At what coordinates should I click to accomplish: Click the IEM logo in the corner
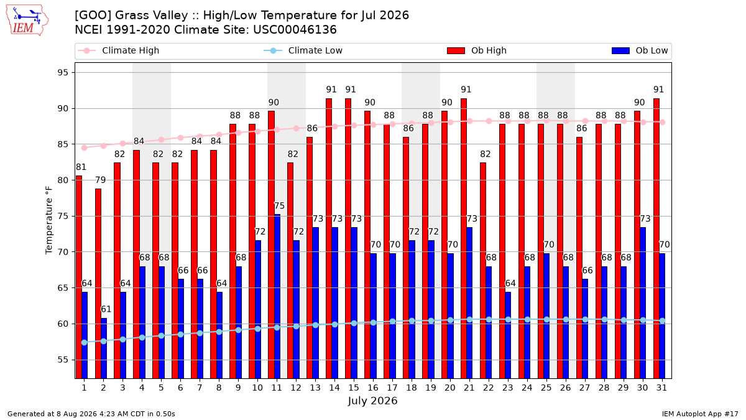pos(27,21)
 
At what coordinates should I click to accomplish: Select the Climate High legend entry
pos(118,50)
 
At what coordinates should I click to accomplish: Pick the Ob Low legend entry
pos(640,50)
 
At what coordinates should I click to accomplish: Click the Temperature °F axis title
pos(49,220)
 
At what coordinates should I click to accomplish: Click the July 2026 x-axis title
pos(372,401)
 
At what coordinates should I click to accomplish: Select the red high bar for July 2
pos(98,284)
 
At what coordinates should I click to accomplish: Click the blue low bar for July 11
pos(277,296)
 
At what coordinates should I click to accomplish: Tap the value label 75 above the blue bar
pos(279,206)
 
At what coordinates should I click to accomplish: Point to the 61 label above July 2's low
pos(106,309)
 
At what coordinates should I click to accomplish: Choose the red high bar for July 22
pos(483,271)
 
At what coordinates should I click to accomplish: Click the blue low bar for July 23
pos(508,335)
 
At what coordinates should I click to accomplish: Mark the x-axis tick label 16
pos(373,388)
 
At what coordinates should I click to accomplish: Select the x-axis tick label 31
pos(661,388)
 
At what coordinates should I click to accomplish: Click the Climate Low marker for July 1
pos(85,343)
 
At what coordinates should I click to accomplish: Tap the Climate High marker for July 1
pos(85,147)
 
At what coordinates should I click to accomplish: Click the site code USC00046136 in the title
pos(295,30)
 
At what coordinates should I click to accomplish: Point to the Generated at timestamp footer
pos(91,414)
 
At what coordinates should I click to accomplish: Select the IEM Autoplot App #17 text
pos(700,414)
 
